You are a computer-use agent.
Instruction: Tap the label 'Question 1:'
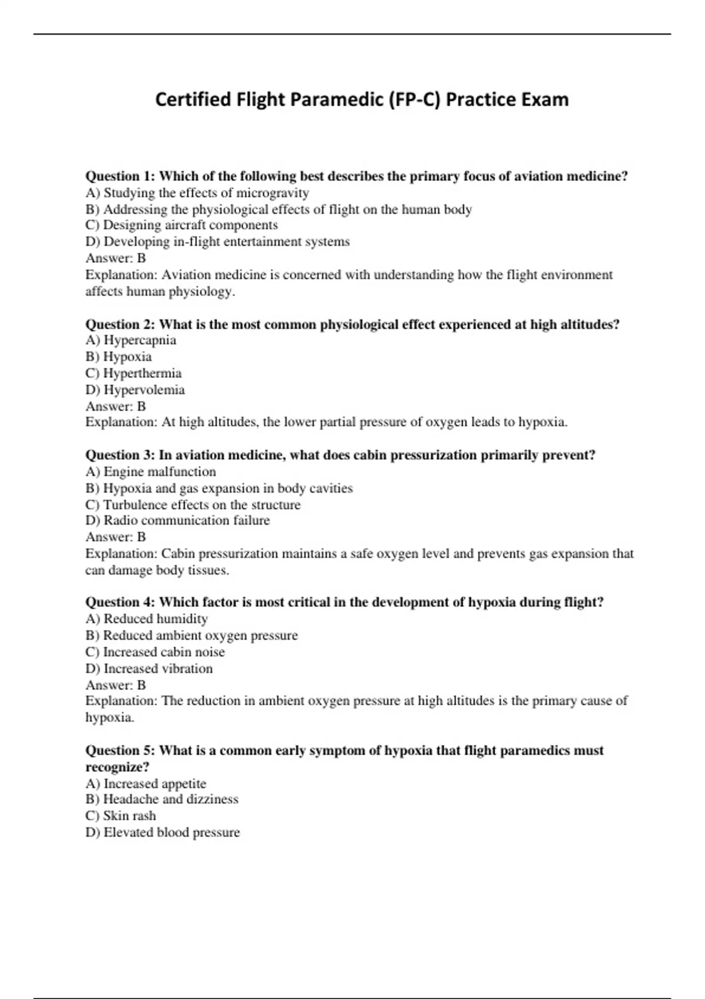[120, 176]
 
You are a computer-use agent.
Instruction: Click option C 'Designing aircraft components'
[182, 225]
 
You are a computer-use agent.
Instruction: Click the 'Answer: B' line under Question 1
[116, 258]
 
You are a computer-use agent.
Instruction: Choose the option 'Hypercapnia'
[131, 340]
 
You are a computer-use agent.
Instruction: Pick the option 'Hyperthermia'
[133, 373]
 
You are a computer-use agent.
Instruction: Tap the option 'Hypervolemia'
[135, 390]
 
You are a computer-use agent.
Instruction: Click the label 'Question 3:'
[120, 455]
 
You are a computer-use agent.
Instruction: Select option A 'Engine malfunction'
[150, 471]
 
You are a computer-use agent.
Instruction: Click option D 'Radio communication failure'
[177, 520]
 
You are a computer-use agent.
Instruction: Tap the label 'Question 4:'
[120, 602]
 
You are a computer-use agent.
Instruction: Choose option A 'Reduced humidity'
[146, 619]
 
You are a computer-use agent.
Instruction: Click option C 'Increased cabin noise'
[155, 652]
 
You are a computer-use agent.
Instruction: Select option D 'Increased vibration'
[149, 668]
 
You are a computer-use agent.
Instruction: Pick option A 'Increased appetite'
[146, 783]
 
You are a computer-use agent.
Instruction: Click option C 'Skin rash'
[121, 816]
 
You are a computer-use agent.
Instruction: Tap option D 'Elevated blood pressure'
[163, 832]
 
